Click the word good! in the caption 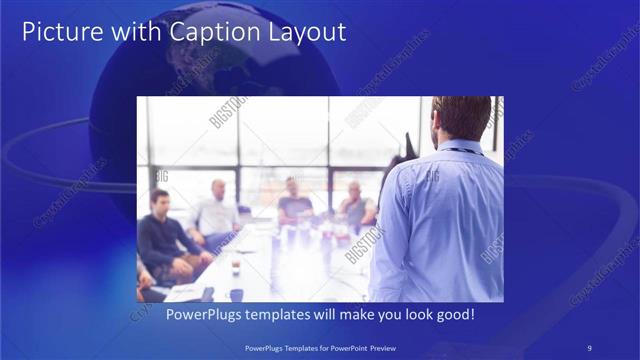click(x=455, y=315)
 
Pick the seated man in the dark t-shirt click(x=294, y=200)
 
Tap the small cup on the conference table click(x=235, y=268)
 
